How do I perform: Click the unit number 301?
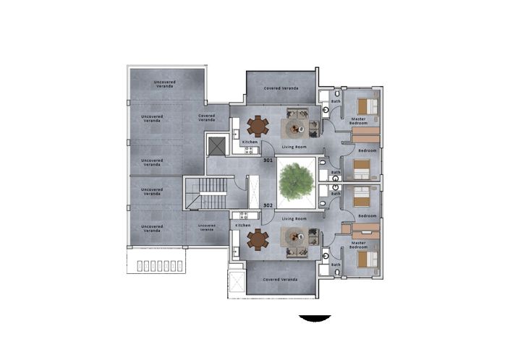[x=268, y=160]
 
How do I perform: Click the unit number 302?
[x=268, y=205]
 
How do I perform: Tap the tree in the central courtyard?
[x=297, y=181]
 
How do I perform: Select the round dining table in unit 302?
[x=257, y=239]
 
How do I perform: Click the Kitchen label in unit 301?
[x=250, y=142]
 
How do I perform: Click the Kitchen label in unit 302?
[x=243, y=226]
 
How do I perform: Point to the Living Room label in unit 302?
[x=294, y=218]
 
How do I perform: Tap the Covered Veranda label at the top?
[x=281, y=88]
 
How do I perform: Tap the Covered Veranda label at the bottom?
[x=281, y=279]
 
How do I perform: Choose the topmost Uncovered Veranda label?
[x=165, y=84]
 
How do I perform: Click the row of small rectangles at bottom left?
[x=156, y=265]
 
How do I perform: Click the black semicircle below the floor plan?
[x=315, y=318]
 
